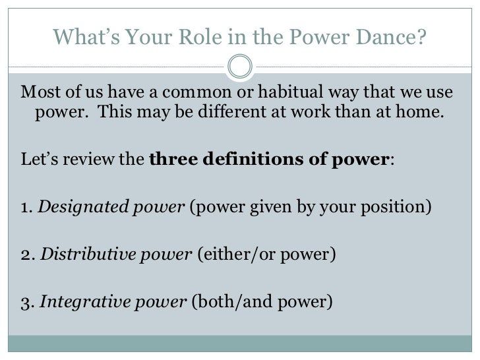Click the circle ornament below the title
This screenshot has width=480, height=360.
tap(239, 65)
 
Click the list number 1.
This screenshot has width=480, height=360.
tap(26, 207)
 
